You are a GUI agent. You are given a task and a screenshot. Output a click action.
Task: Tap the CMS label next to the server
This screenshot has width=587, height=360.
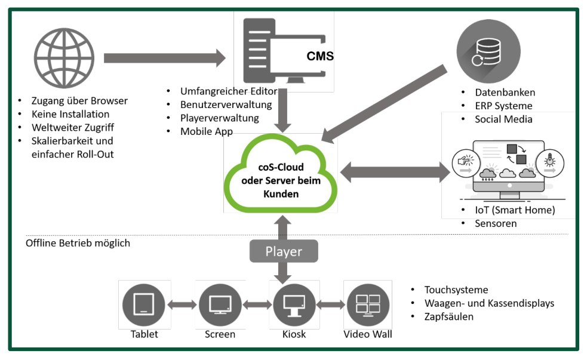[319, 57]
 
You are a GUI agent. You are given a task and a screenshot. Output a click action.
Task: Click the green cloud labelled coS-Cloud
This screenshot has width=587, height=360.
[280, 173]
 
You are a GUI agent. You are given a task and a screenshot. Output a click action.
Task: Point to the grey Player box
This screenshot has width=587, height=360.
[284, 251]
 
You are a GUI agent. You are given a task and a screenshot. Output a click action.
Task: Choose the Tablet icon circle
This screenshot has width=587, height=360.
[144, 304]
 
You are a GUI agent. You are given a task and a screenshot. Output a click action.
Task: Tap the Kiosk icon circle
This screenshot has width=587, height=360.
[294, 304]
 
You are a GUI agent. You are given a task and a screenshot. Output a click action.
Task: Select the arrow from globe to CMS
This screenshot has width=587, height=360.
[164, 58]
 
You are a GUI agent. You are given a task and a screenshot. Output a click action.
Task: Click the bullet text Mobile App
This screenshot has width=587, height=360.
[207, 131]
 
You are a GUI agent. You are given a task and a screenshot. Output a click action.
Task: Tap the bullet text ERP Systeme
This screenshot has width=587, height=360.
[503, 106]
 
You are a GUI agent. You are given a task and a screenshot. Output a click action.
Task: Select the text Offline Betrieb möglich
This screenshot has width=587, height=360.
[78, 243]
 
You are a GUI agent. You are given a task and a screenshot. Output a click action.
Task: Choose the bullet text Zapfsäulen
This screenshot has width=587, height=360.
[448, 316]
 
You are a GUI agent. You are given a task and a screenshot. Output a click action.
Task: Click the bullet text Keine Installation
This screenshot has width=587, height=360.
[70, 114]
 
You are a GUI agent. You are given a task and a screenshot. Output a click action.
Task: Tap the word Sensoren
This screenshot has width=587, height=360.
[496, 223]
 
